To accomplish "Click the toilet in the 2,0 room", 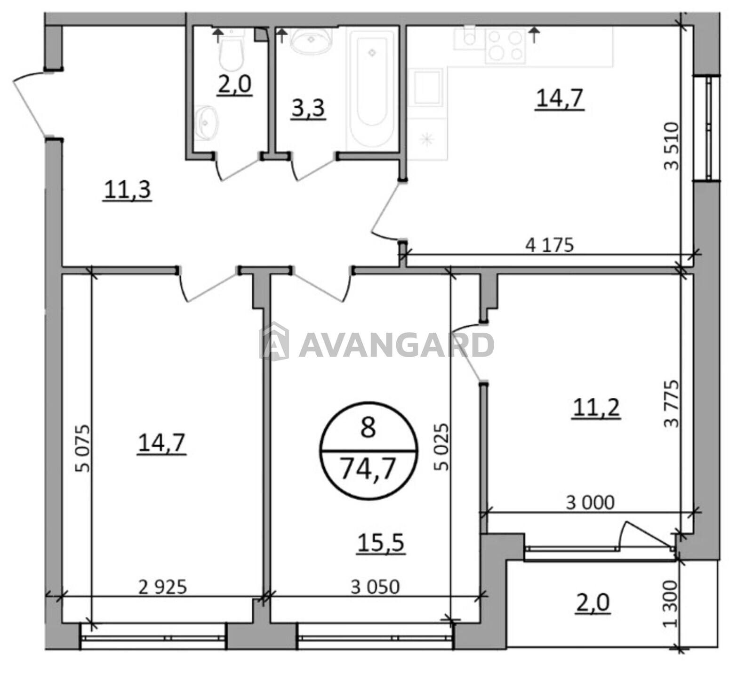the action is pyautogui.click(x=231, y=52).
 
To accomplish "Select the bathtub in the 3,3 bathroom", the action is pyautogui.click(x=372, y=87).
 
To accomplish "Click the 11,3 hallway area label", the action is pyautogui.click(x=128, y=190).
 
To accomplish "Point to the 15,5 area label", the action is pyautogui.click(x=381, y=543).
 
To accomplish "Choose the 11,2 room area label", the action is pyautogui.click(x=596, y=407).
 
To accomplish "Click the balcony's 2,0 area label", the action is pyautogui.click(x=593, y=603).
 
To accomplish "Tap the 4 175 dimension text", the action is pyautogui.click(x=549, y=245).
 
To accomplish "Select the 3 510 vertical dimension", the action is pyautogui.click(x=672, y=146).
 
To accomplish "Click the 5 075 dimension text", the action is pyautogui.click(x=82, y=448).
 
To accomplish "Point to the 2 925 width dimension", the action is pyautogui.click(x=163, y=587).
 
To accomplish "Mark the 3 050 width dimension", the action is pyautogui.click(x=375, y=587).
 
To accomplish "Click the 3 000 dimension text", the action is pyautogui.click(x=590, y=503).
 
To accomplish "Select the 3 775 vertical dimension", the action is pyautogui.click(x=672, y=403).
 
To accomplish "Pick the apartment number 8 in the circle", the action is pyautogui.click(x=368, y=427).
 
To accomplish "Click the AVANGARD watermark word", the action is pyautogui.click(x=396, y=345).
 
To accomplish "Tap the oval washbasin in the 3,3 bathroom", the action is pyautogui.click(x=311, y=40).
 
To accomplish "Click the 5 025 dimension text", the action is pyautogui.click(x=442, y=447).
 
